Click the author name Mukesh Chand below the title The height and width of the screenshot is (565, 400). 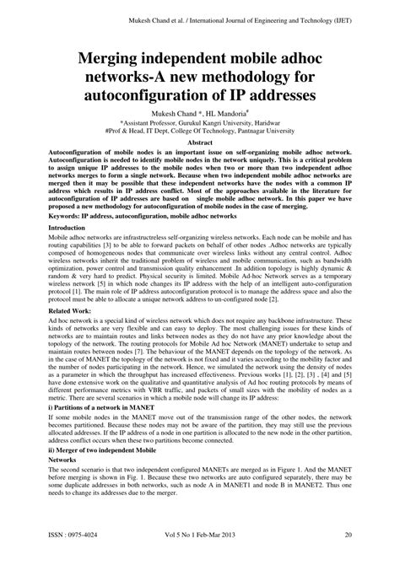coord(172,113)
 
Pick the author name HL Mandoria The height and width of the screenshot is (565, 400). coord(225,113)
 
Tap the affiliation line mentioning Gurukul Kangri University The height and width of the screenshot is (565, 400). coord(199,123)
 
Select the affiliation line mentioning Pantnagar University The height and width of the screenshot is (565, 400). coord(199,132)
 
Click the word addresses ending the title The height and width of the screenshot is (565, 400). coord(278,97)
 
